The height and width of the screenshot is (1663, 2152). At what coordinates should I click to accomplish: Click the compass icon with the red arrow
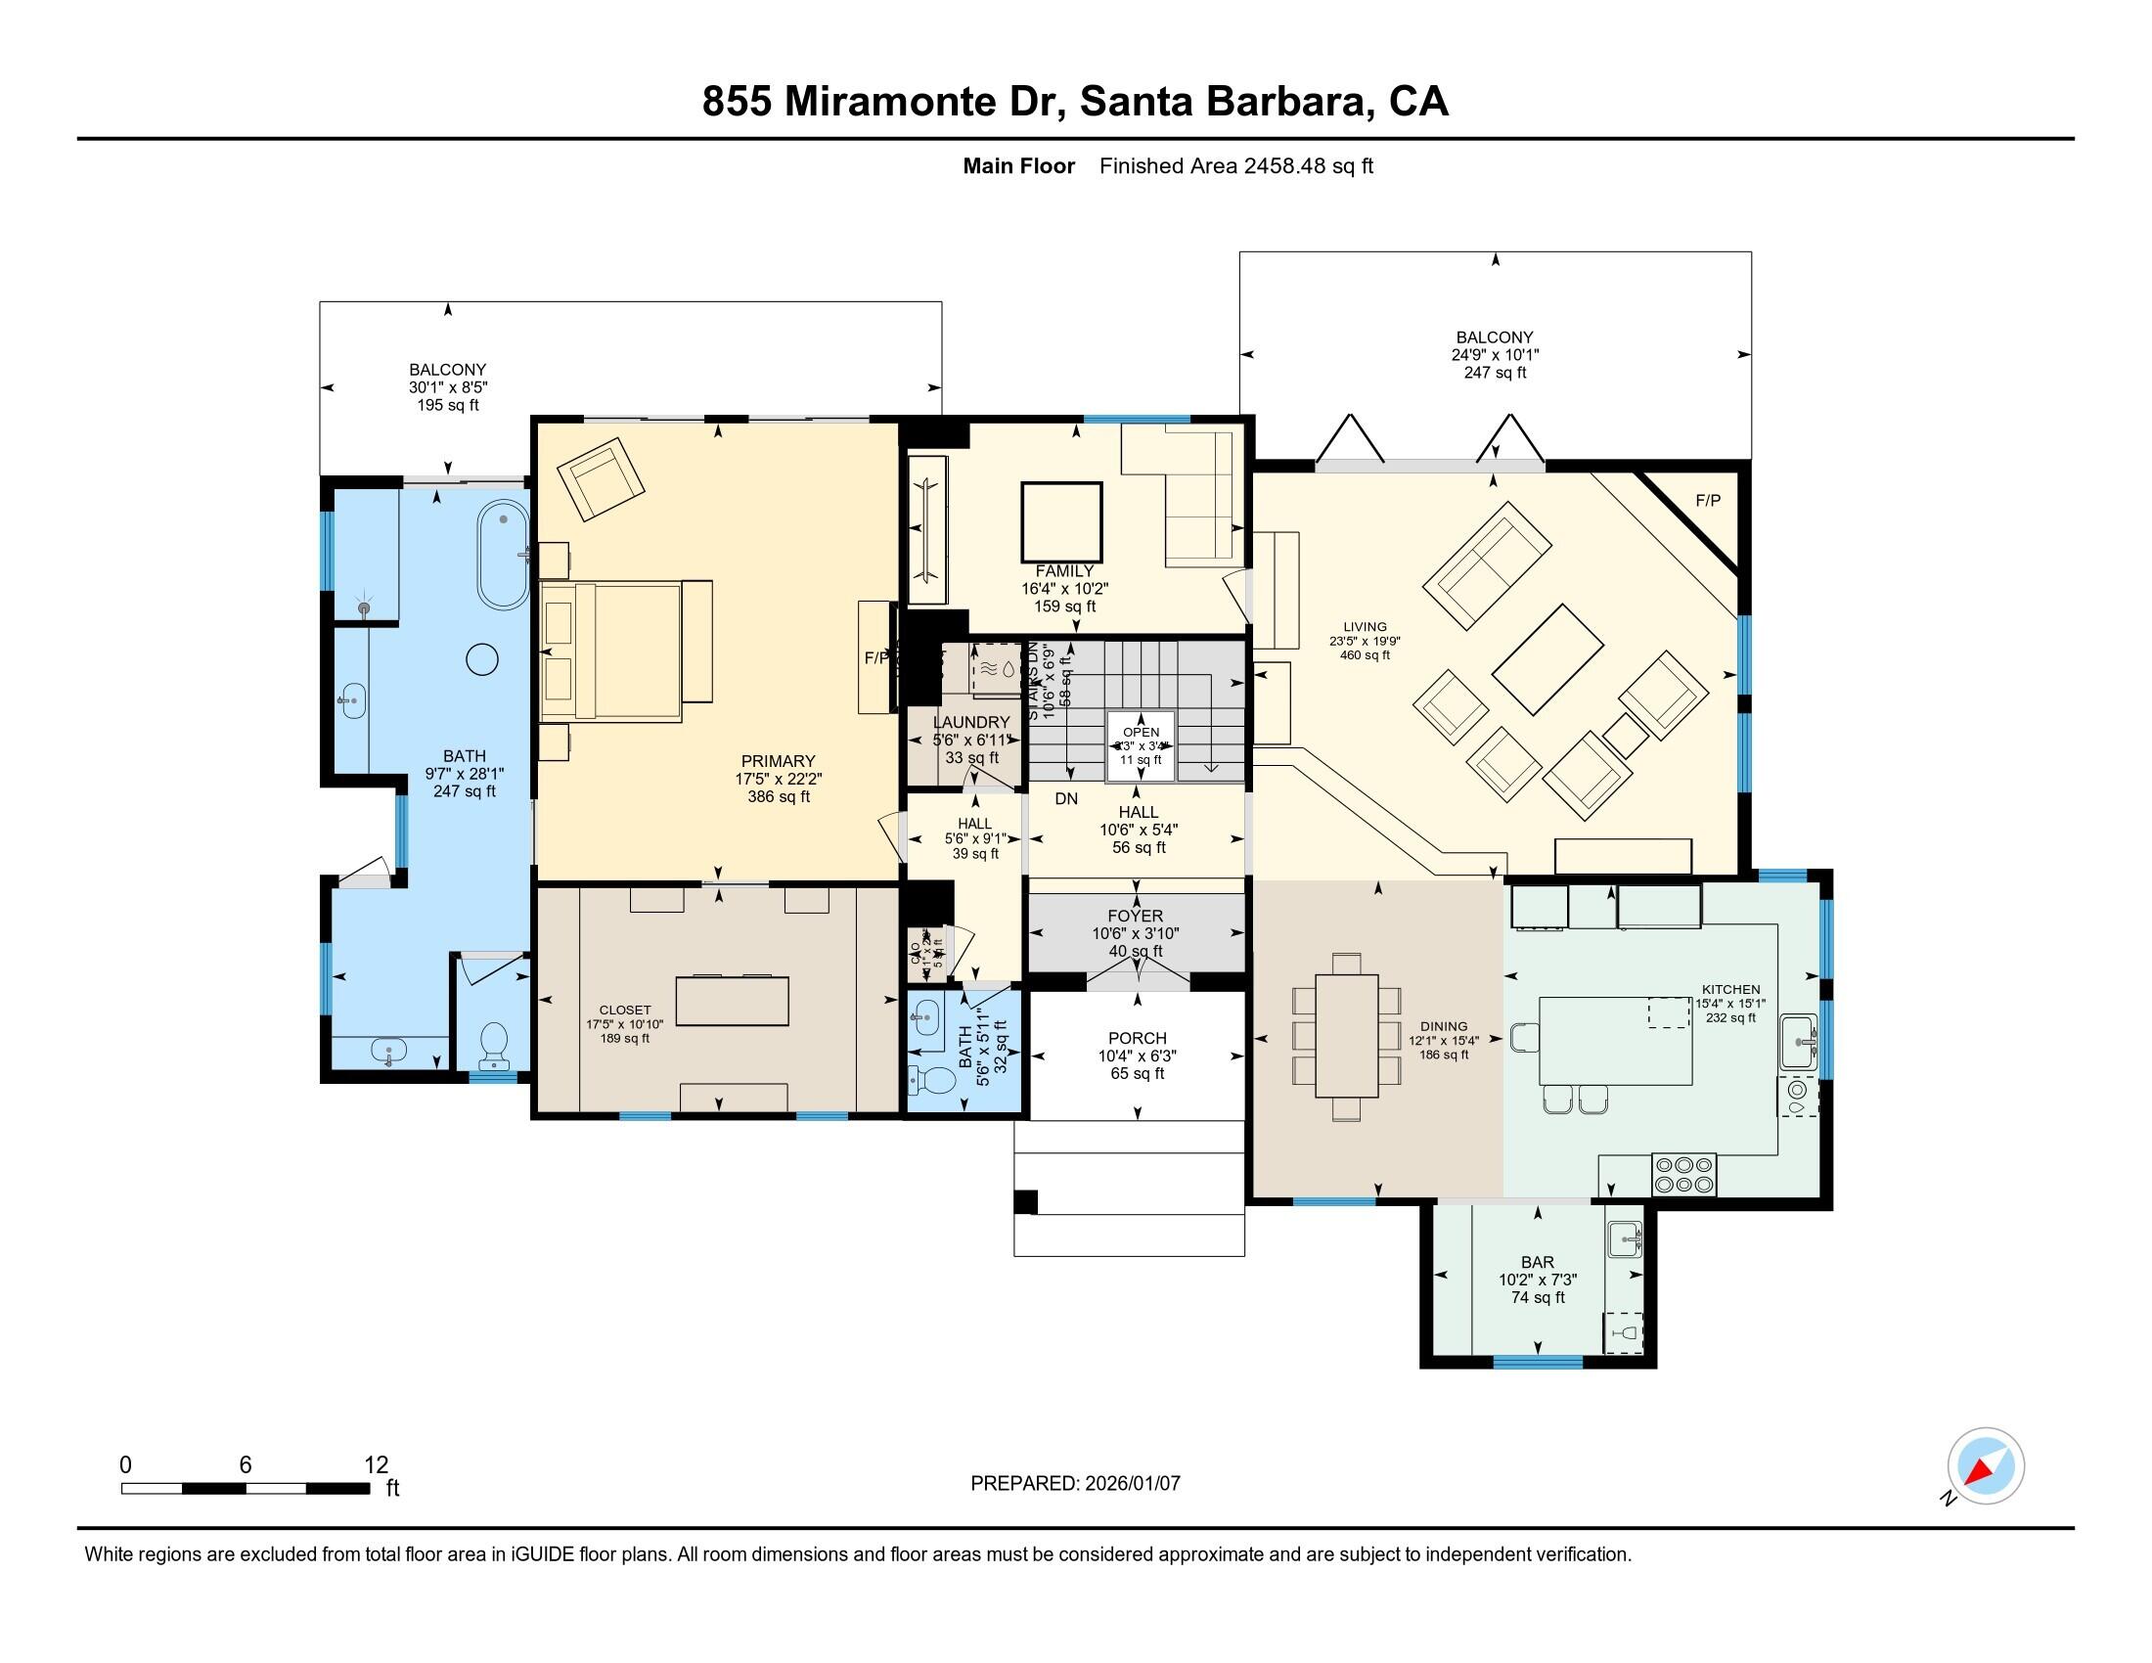point(1986,1466)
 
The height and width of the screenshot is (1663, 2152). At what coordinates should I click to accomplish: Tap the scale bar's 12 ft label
point(377,1465)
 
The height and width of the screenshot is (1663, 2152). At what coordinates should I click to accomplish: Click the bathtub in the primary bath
point(504,555)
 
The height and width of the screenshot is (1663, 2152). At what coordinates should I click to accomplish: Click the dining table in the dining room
point(1346,1034)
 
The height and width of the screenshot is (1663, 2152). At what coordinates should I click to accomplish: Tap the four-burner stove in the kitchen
point(1684,1174)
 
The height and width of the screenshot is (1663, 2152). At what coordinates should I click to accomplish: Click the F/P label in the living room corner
point(1708,501)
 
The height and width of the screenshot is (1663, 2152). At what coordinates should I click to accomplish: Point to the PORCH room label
point(1137,1038)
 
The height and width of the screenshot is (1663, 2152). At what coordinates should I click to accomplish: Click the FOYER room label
point(1135,917)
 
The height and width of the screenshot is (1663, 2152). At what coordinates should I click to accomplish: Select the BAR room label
point(1537,1262)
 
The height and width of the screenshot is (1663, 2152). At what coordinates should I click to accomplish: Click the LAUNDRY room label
point(971,722)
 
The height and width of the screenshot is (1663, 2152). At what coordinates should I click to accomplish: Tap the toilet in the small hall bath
point(927,1081)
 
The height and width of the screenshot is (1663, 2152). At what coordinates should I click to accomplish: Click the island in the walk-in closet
point(732,1000)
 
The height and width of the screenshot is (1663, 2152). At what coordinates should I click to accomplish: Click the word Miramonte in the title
point(889,102)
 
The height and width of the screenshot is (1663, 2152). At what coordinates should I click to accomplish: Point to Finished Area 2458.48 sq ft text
point(1235,166)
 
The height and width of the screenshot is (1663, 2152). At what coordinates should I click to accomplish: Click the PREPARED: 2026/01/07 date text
point(1075,1484)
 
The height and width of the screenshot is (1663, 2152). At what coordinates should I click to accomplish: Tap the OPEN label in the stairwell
point(1141,732)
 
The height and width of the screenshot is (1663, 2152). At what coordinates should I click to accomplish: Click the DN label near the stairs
point(1066,799)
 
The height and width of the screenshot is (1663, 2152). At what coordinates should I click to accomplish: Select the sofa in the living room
point(1487,566)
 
